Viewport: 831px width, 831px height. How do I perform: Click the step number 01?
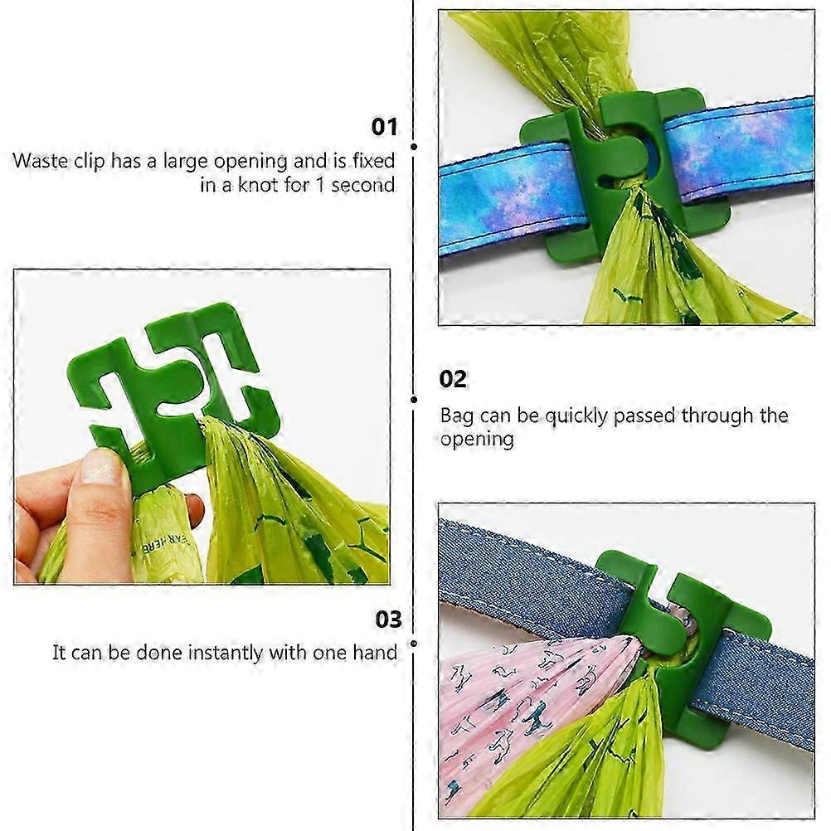click(384, 127)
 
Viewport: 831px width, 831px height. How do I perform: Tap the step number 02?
click(453, 379)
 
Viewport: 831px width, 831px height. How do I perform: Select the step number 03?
click(388, 619)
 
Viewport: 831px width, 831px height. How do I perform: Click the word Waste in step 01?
click(41, 161)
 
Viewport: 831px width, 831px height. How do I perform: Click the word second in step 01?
click(363, 185)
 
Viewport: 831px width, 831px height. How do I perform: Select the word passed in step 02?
click(644, 416)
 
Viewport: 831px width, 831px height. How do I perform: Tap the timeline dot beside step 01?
click(414, 147)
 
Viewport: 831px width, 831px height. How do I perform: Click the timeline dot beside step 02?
click(414, 400)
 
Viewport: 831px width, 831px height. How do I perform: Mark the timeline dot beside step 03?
click(414, 644)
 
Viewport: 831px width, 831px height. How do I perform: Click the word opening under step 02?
click(477, 440)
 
